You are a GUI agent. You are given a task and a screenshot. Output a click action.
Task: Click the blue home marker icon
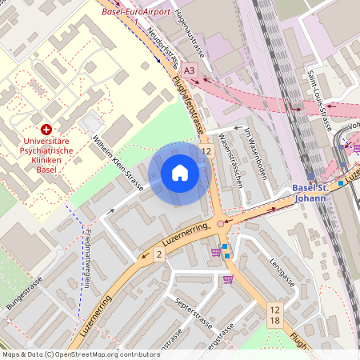180,173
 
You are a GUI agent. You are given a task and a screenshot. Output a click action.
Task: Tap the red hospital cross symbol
46,129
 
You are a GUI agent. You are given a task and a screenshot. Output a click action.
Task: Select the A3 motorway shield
188,70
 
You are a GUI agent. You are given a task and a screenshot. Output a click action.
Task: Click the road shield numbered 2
159,254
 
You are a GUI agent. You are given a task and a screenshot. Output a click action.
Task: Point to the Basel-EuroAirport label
137,12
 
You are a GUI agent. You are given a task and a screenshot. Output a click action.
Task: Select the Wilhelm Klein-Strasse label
118,164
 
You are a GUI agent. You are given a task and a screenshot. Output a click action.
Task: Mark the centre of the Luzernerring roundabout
221,224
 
